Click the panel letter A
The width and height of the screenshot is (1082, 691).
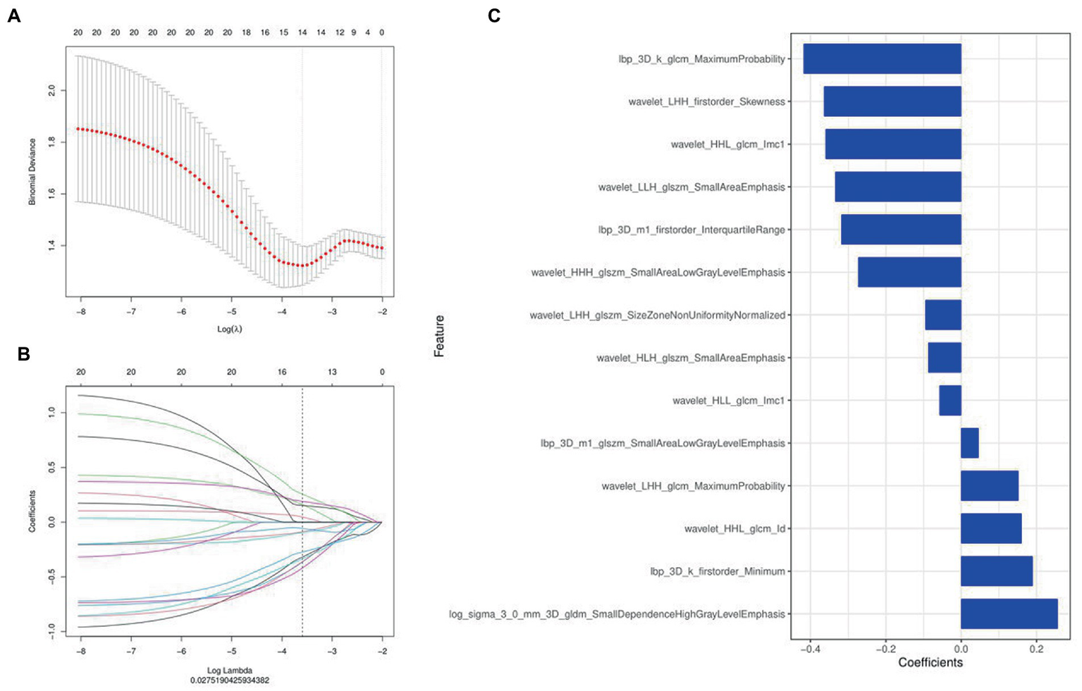[x=13, y=15]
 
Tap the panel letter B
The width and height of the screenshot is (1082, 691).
[x=23, y=354]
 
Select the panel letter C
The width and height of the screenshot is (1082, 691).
[x=494, y=15]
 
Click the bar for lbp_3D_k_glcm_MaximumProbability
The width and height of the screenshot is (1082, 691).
[x=882, y=59]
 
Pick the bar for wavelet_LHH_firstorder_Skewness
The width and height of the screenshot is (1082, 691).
[x=892, y=101]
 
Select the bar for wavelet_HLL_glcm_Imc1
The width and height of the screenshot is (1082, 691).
[x=949, y=400]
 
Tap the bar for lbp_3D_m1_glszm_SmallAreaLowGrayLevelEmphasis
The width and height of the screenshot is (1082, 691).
[x=969, y=443]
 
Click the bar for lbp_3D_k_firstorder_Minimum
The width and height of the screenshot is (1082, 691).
[x=996, y=571]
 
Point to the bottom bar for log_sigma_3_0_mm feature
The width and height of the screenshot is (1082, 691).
[x=1009, y=614]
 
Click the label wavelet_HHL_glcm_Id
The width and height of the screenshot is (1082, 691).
[x=734, y=528]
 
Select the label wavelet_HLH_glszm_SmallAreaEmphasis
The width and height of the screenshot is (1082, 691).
[x=690, y=358]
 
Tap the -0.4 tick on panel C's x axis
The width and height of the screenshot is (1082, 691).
[x=810, y=649]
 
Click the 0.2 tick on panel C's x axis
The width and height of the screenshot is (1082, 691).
[x=1035, y=649]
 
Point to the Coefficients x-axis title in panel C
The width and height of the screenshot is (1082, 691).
[x=930, y=663]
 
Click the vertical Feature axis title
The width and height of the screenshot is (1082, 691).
[x=439, y=336]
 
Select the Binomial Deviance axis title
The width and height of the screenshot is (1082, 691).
[x=32, y=172]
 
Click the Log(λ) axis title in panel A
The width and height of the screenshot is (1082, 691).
[x=230, y=329]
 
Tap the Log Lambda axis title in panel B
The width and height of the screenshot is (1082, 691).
[x=230, y=670]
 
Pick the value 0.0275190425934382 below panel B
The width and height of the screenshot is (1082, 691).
[x=230, y=680]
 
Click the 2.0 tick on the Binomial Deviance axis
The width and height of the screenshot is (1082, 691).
[x=51, y=91]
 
